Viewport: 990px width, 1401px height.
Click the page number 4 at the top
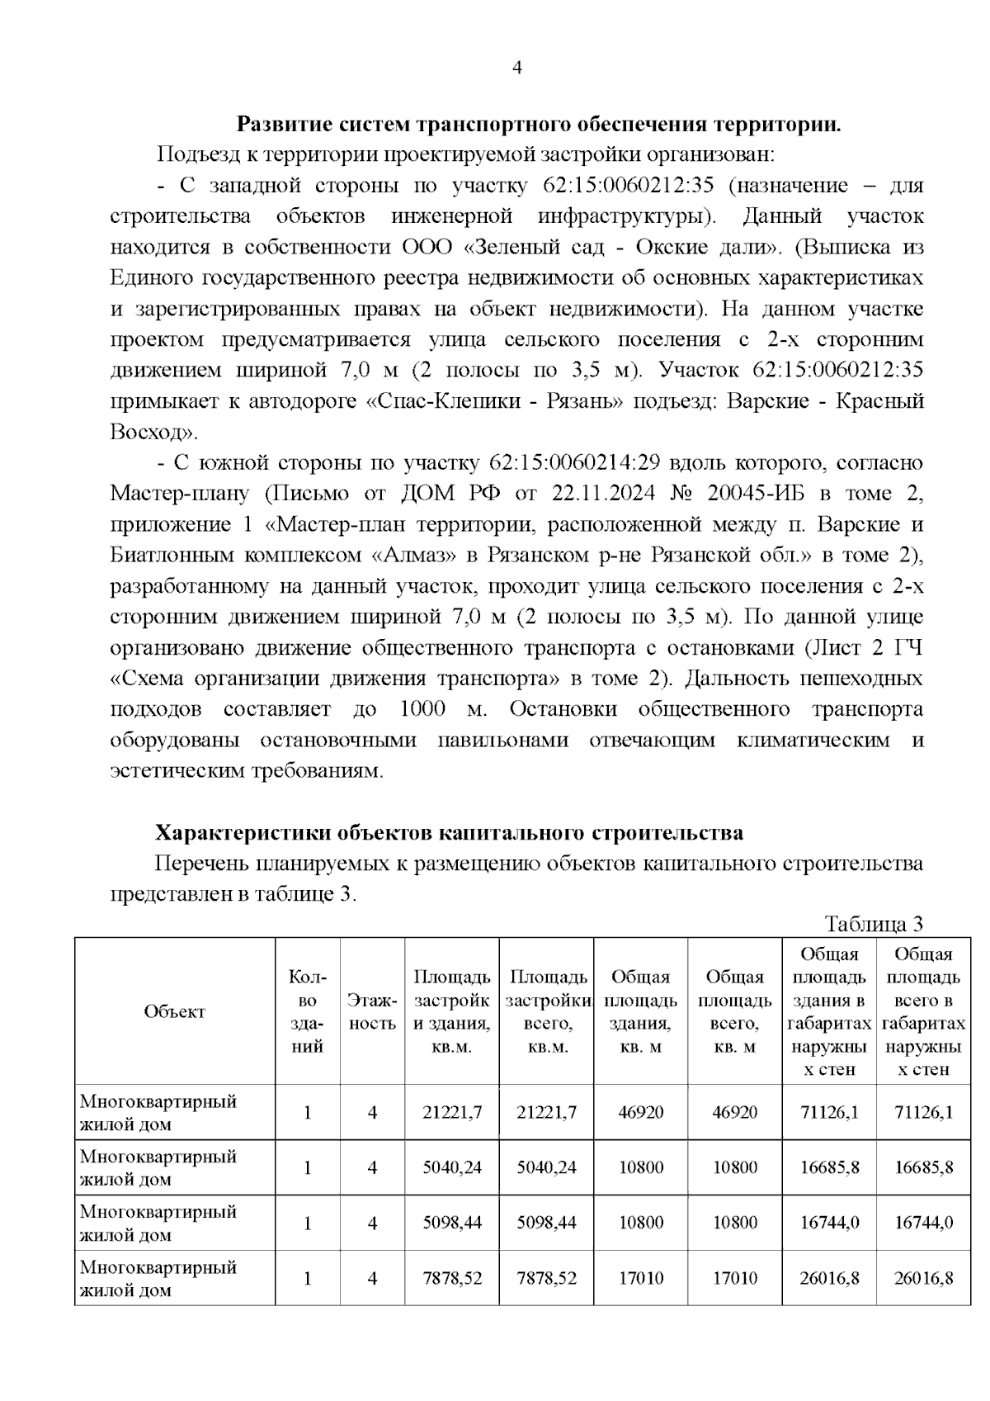(517, 69)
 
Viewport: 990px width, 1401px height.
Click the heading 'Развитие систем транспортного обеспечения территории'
(539, 125)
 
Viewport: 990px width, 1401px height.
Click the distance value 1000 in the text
(422, 709)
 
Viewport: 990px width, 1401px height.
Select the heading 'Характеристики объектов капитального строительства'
(450, 833)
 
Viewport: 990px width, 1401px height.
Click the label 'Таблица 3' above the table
(874, 924)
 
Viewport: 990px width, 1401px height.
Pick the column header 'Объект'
(174, 1011)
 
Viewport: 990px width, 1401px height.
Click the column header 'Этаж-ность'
(372, 1011)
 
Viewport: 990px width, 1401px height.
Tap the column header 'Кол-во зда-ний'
(307, 1011)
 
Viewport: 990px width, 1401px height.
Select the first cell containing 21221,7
(452, 1112)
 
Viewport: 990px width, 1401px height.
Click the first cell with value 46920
(641, 1112)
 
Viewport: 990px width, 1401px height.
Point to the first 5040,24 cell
(452, 1167)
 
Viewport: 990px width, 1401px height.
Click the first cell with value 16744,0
(829, 1223)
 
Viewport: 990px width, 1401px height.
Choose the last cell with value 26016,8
(924, 1278)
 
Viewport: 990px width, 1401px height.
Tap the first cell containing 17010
(641, 1278)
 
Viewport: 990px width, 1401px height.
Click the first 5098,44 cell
(452, 1223)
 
